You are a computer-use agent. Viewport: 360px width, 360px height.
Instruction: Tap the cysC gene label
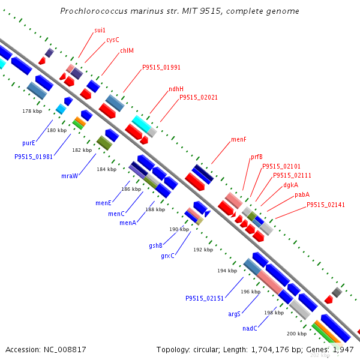(x=113, y=40)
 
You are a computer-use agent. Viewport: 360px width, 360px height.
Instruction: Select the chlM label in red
(x=127, y=51)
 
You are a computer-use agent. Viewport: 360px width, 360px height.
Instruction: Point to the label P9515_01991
(x=161, y=67)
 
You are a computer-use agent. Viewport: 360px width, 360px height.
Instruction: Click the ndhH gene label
(x=176, y=89)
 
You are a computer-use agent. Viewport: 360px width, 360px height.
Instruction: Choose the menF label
(x=239, y=139)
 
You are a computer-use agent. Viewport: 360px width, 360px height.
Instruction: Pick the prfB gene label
(x=257, y=157)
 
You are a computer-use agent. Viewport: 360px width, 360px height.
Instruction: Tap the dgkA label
(x=291, y=185)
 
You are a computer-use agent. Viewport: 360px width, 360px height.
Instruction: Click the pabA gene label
(x=302, y=194)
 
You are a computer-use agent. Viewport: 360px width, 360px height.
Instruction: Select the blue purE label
(x=29, y=143)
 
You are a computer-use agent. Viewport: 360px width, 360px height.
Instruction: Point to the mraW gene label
(x=70, y=176)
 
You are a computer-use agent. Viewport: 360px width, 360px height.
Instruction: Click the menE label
(x=103, y=203)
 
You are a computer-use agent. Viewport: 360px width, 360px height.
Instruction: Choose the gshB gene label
(x=156, y=245)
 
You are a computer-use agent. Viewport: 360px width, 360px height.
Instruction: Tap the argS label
(x=234, y=314)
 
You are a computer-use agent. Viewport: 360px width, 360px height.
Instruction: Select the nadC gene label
(x=250, y=328)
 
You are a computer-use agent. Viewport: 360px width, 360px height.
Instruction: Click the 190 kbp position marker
(x=179, y=229)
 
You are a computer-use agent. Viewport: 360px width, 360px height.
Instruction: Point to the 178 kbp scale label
(x=32, y=111)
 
